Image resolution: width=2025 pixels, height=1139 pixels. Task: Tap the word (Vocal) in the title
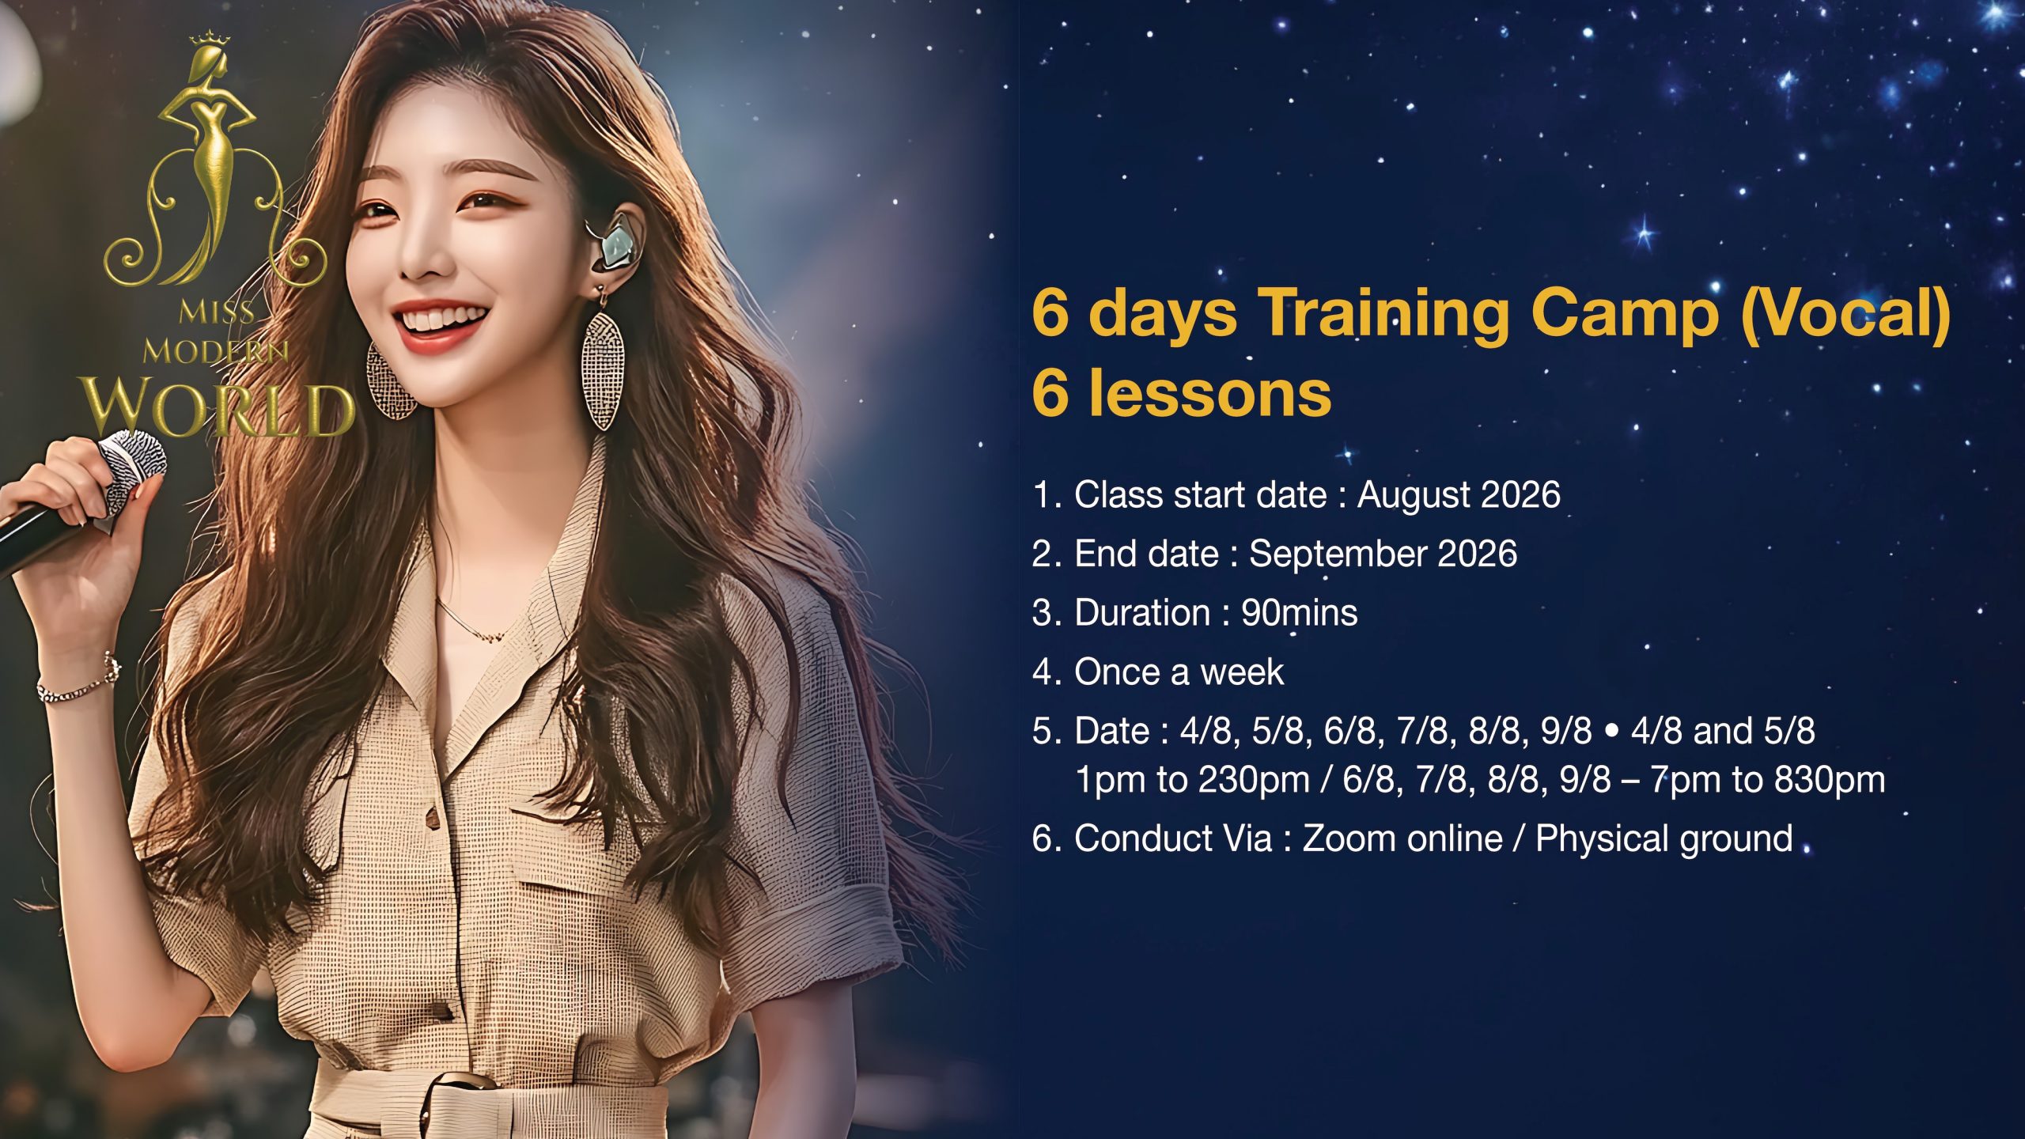1845,314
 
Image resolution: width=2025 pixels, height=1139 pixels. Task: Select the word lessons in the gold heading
1210,393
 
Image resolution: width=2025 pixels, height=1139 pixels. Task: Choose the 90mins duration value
1299,613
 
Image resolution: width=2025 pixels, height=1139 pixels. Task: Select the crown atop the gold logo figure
210,38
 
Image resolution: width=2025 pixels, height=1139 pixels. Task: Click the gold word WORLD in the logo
218,407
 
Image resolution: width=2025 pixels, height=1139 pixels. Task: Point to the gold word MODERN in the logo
215,351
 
